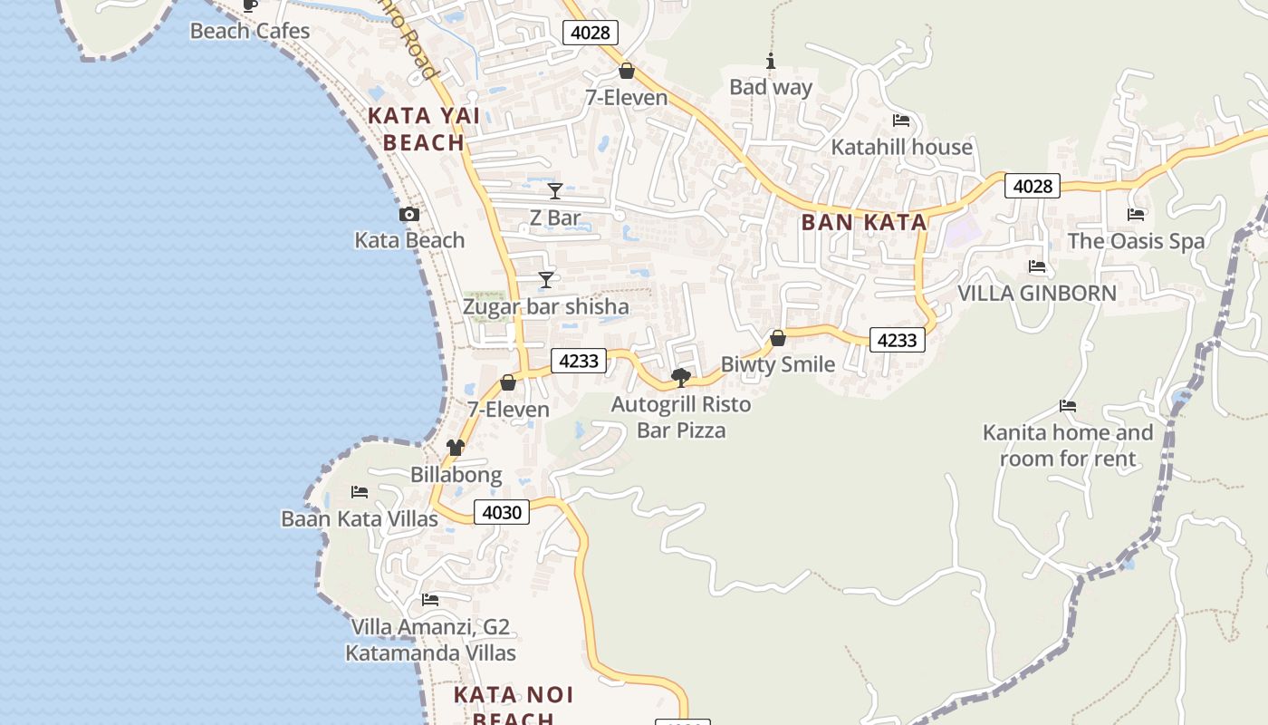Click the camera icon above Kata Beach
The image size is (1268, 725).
[x=409, y=215]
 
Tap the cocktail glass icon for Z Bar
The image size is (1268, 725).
[x=555, y=191]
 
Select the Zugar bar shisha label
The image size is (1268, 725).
[x=545, y=307]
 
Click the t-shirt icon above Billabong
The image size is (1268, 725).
[x=456, y=448]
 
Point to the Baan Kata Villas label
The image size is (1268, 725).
[x=360, y=519]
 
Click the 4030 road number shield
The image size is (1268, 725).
[x=501, y=513]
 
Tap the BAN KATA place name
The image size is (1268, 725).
[x=863, y=223]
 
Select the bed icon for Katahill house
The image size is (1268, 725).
[x=901, y=121]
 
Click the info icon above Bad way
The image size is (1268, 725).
[x=771, y=62]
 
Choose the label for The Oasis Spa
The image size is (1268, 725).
[x=1136, y=241]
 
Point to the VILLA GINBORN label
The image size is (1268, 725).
[x=1037, y=294]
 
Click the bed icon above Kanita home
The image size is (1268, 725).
[x=1068, y=406]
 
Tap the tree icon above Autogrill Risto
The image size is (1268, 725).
[x=681, y=377]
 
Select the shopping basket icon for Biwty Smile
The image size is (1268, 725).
[x=777, y=338]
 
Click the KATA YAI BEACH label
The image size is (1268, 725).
[x=424, y=130]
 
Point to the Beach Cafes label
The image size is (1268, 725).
[x=250, y=32]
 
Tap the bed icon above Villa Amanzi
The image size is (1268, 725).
[x=430, y=600]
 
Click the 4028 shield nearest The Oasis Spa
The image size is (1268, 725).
[x=1032, y=186]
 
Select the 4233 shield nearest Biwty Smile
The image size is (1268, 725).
[x=898, y=340]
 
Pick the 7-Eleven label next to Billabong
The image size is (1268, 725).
[x=508, y=410]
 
